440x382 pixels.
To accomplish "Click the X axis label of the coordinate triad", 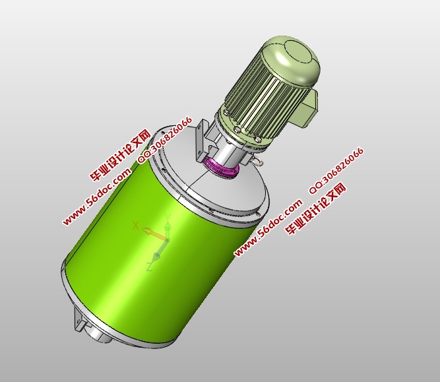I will [x=136, y=226].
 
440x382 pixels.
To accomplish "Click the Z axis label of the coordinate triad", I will [x=150, y=267].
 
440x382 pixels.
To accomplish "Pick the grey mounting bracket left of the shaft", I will [x=203, y=141].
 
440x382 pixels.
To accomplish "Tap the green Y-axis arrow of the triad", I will [x=168, y=228].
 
